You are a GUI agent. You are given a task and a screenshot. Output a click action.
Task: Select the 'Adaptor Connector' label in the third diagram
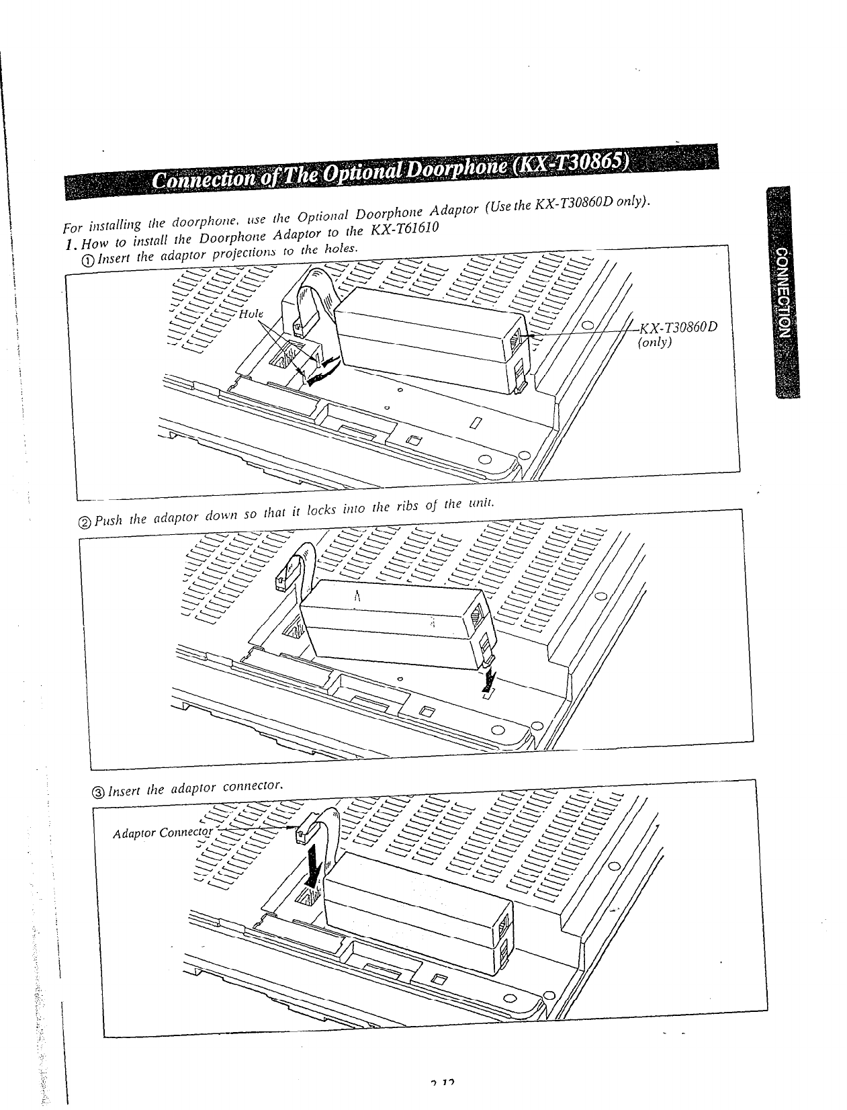point(162,833)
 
